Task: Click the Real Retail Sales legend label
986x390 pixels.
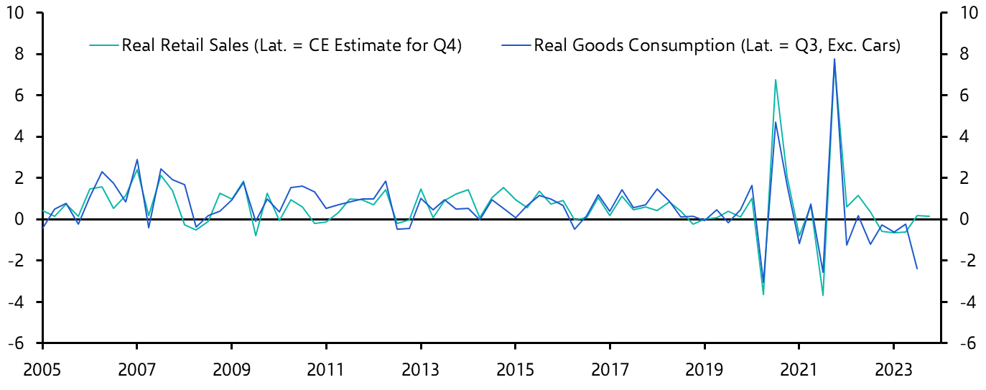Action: tap(292, 46)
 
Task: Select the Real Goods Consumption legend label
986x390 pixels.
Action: tap(717, 46)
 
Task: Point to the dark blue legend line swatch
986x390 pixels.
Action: tap(515, 46)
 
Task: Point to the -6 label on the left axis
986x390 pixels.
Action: tap(17, 343)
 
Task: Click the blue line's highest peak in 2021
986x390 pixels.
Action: tap(834, 59)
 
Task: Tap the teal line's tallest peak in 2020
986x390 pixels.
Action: tap(776, 80)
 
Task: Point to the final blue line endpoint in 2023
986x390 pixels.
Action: tap(916, 269)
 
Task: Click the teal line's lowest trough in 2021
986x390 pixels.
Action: tap(822, 295)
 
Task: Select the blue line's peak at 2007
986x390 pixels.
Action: tap(137, 159)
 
